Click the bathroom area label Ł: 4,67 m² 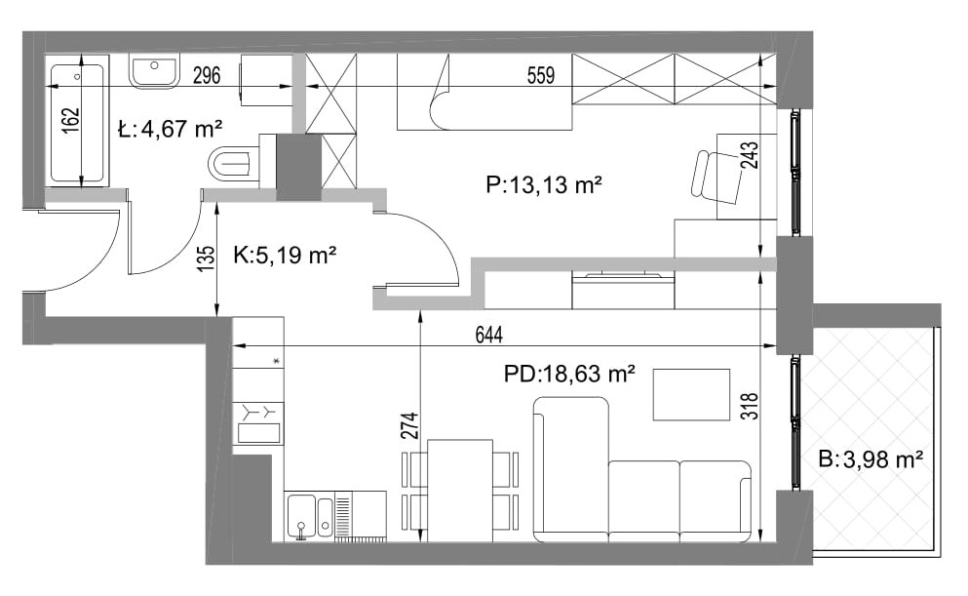[x=170, y=129]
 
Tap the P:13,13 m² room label [x=543, y=184]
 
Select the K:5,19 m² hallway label [x=285, y=255]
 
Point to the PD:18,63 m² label [x=569, y=374]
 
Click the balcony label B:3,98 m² [x=871, y=459]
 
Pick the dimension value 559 [x=541, y=75]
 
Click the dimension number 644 [x=489, y=335]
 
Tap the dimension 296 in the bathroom [x=207, y=75]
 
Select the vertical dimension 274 [x=409, y=426]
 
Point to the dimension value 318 [x=750, y=407]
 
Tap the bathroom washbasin [x=154, y=71]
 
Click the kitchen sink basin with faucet [x=302, y=518]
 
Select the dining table [x=460, y=491]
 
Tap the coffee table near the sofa [x=691, y=395]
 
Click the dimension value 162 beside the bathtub [x=71, y=120]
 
